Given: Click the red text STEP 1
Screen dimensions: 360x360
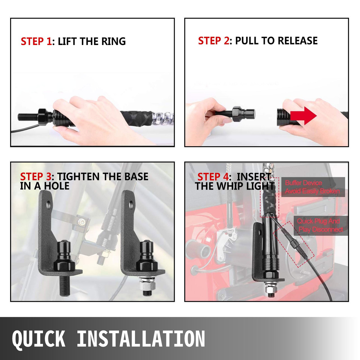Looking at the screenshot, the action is [36, 41].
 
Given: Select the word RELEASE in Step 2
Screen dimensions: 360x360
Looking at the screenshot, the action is [298, 41].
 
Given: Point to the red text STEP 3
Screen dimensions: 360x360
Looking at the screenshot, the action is [36, 177].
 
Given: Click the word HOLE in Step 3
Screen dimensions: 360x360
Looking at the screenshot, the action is [57, 186].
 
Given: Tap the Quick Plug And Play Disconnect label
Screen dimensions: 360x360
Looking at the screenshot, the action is [320, 226].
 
